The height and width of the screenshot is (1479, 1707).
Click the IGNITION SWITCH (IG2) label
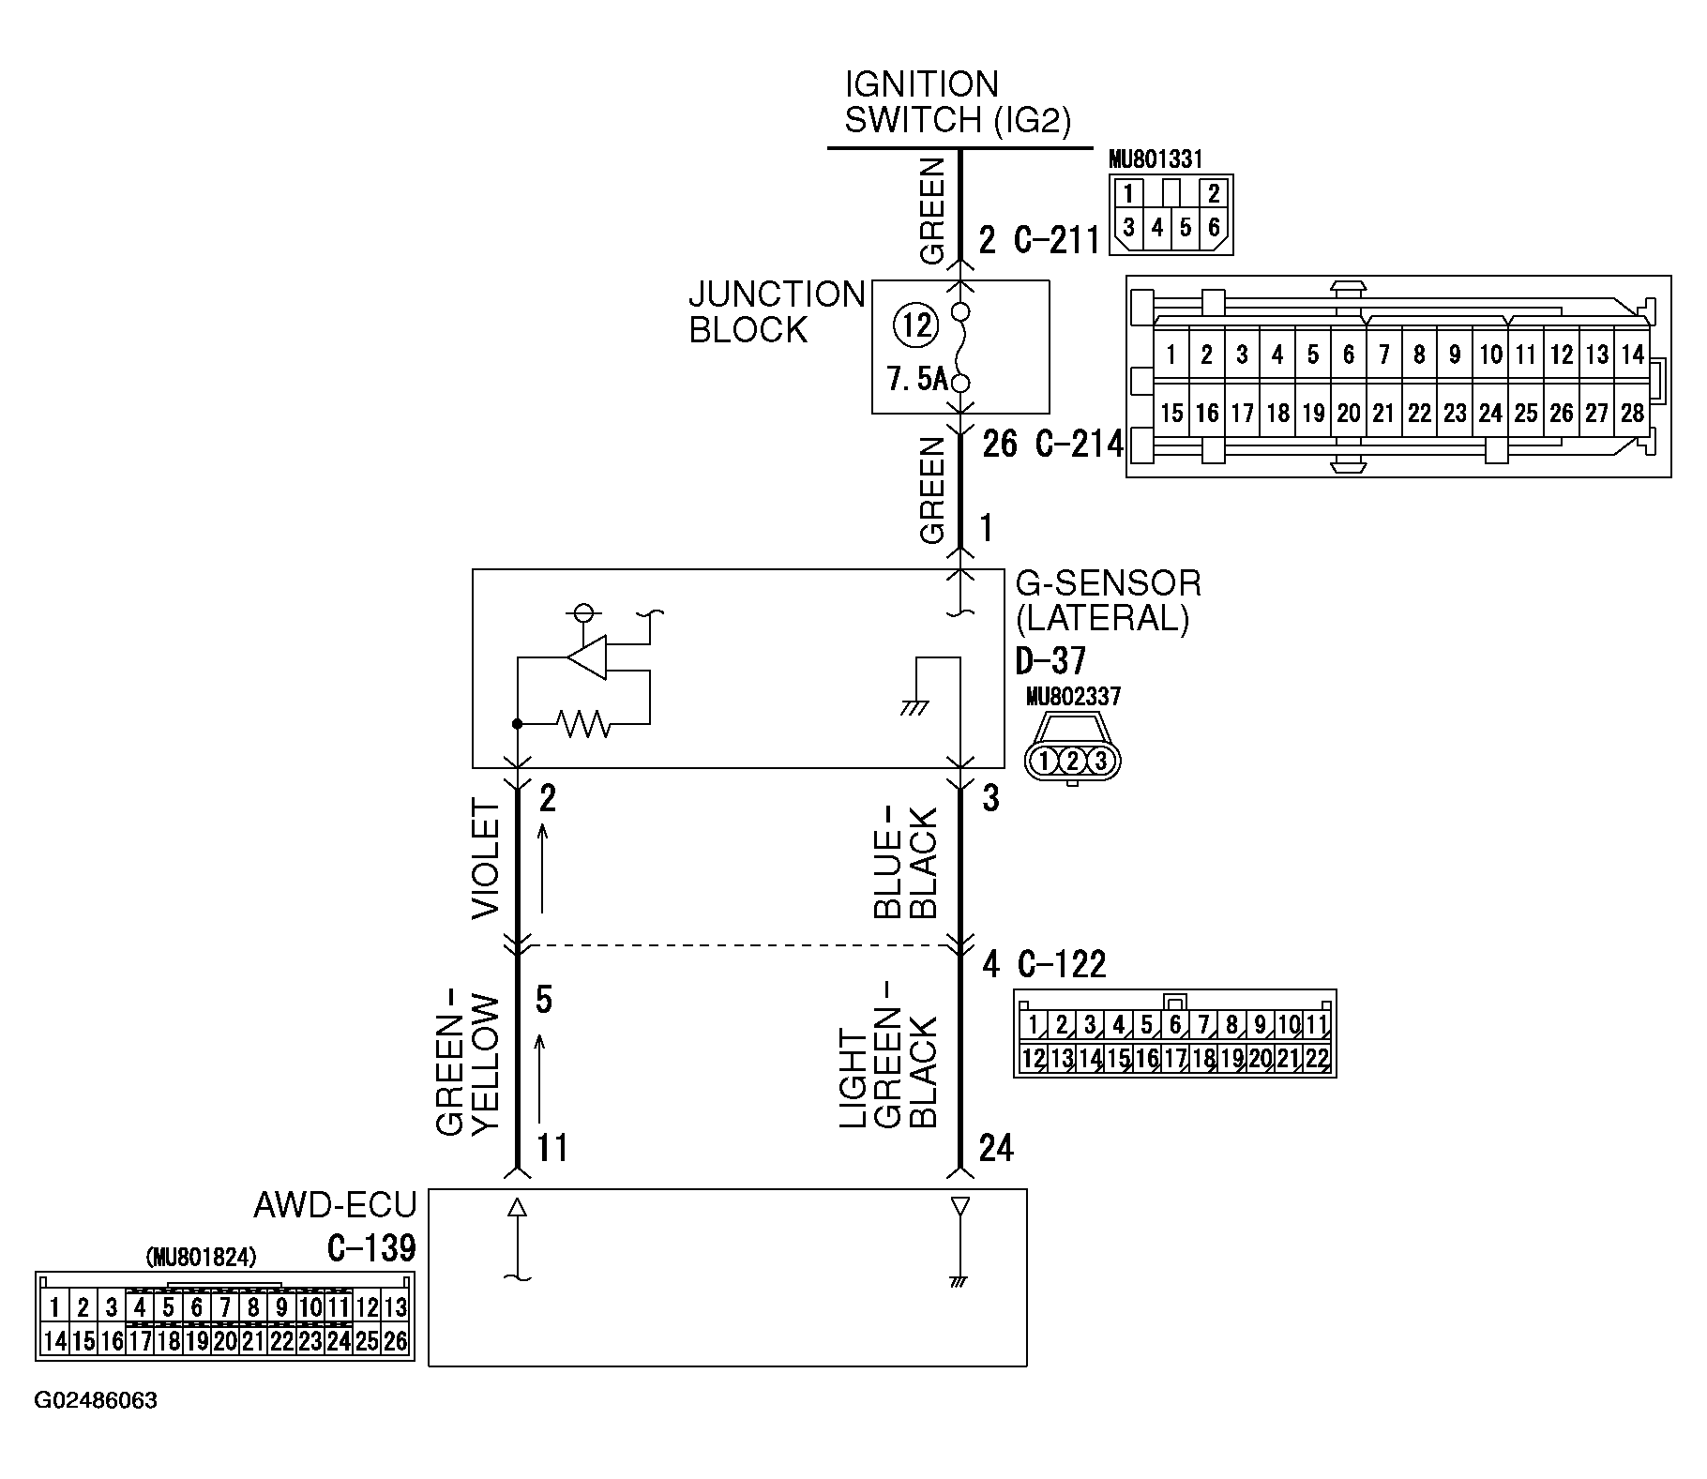[x=957, y=102]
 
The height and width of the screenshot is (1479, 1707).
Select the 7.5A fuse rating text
[x=916, y=380]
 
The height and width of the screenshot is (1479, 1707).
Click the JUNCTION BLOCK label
[x=776, y=312]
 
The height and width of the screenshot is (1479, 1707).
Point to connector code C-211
[x=1057, y=241]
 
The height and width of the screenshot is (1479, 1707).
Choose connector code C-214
[x=1079, y=444]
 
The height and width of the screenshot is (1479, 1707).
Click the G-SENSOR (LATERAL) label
[x=1107, y=601]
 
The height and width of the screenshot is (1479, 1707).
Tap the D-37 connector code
[x=1050, y=661]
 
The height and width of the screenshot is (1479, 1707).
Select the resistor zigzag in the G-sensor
[x=583, y=723]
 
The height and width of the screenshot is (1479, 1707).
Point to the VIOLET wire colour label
[x=487, y=858]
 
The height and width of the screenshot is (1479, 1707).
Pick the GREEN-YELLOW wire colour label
[x=469, y=1064]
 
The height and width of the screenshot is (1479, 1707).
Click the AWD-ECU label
[x=334, y=1205]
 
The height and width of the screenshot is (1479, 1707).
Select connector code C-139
[x=371, y=1248]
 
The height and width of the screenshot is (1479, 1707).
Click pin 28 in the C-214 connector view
[x=1632, y=414]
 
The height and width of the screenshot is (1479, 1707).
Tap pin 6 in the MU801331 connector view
[x=1213, y=228]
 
